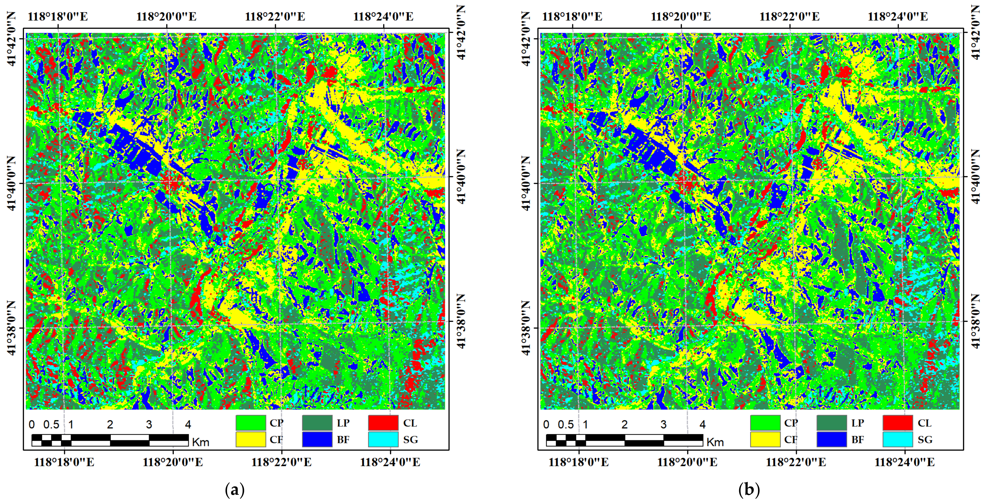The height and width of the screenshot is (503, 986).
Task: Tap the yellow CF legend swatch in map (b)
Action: pyautogui.click(x=765, y=439)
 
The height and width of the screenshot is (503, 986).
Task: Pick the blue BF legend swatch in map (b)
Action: pyautogui.click(x=831, y=439)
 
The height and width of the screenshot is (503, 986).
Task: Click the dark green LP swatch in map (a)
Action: pyautogui.click(x=317, y=423)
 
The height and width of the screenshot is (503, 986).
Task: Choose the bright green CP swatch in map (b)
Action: pyautogui.click(x=765, y=423)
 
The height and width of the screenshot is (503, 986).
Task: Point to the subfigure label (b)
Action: pyautogui.click(x=749, y=490)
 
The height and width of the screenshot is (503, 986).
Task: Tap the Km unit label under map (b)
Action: pyautogui.click(x=715, y=442)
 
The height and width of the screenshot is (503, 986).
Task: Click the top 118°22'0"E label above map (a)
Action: pyautogui.click(x=275, y=17)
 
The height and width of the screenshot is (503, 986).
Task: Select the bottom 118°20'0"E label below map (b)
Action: pyautogui.click(x=687, y=462)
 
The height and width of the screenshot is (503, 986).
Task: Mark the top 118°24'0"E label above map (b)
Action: pyautogui.click(x=898, y=17)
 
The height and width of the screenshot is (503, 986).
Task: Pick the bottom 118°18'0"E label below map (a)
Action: pyautogui.click(x=64, y=462)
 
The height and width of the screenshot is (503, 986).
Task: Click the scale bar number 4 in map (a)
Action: pyautogui.click(x=188, y=425)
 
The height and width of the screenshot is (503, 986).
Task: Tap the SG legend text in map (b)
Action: pyautogui.click(x=925, y=440)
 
